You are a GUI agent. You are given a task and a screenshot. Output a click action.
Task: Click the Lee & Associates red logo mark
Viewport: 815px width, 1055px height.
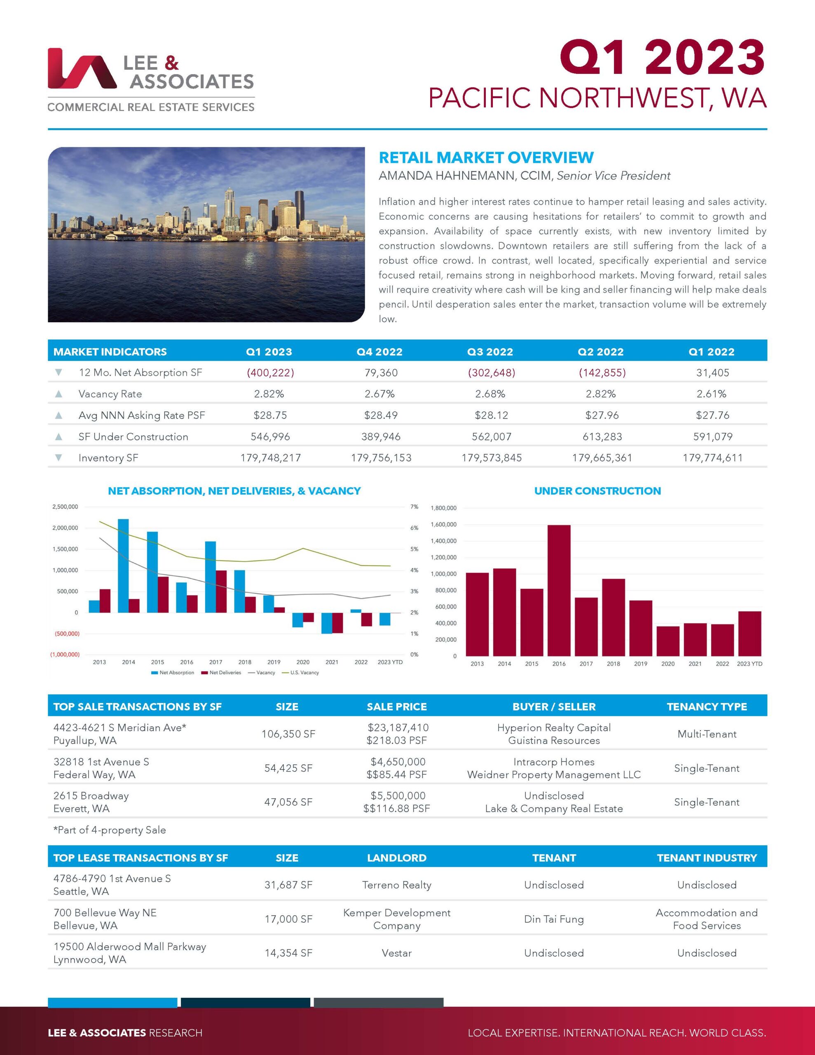pyautogui.click(x=81, y=68)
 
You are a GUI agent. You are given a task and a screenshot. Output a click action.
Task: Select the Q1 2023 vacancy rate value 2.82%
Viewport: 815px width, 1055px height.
pyautogui.click(x=269, y=394)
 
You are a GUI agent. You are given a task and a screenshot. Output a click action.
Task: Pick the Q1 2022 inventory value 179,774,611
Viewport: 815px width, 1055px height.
pyautogui.click(x=712, y=457)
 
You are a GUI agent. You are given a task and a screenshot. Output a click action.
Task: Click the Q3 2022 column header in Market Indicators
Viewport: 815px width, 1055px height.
pyautogui.click(x=490, y=352)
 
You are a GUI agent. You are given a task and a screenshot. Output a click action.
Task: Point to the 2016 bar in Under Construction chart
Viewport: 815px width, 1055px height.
pyautogui.click(x=559, y=590)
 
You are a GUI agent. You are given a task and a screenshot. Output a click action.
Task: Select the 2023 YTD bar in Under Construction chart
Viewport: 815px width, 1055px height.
pyautogui.click(x=750, y=633)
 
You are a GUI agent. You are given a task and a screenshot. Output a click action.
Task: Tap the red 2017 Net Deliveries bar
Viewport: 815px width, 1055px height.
pyautogui.click(x=221, y=591)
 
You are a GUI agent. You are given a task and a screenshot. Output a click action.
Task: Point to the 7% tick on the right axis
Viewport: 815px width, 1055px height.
pyautogui.click(x=414, y=507)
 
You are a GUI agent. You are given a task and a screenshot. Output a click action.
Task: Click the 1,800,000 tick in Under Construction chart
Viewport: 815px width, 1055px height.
pyautogui.click(x=443, y=508)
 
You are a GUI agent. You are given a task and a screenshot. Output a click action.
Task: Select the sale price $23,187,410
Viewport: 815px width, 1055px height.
pyautogui.click(x=398, y=727)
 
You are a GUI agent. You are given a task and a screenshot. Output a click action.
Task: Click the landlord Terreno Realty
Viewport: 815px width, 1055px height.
pyautogui.click(x=397, y=885)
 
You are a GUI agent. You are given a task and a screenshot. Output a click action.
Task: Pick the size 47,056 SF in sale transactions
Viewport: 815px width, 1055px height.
pyautogui.click(x=288, y=802)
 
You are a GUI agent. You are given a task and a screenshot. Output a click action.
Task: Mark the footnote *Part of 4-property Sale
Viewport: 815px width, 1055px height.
pyautogui.click(x=110, y=830)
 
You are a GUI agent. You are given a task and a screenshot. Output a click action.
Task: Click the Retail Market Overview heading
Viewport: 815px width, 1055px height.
pyautogui.click(x=486, y=157)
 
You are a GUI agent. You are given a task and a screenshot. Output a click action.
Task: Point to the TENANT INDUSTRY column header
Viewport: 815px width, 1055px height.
pyautogui.click(x=706, y=858)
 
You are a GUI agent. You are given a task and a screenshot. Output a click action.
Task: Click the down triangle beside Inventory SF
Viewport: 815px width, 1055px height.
pyautogui.click(x=59, y=457)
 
